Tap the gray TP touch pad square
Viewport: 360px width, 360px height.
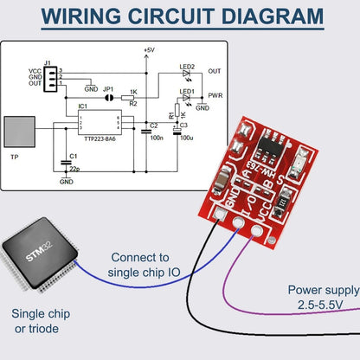click(21, 132)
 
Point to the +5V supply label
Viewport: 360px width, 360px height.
click(148, 50)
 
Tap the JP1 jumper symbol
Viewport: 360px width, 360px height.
click(109, 97)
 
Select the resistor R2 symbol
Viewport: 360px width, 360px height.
click(132, 98)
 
